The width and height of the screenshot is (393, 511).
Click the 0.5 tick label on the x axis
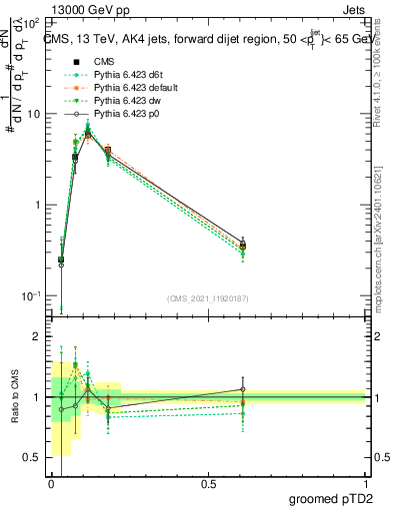coord(208,483)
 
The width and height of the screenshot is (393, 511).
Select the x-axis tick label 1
coord(365,483)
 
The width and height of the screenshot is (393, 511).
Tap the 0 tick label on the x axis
coord(52,483)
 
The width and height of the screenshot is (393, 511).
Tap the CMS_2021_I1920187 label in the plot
coord(208,298)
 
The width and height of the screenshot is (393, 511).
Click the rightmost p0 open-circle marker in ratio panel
coord(242,389)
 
